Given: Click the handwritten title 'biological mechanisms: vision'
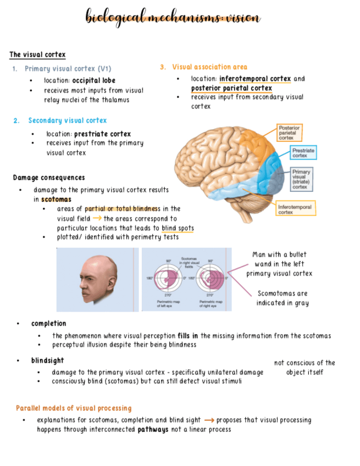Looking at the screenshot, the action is (x=173, y=17).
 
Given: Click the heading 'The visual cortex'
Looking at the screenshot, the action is (x=37, y=54).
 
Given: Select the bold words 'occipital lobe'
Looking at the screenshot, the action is (x=94, y=81).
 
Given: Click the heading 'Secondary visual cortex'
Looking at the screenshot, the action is (x=68, y=120).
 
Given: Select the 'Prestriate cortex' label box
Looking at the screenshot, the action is (x=303, y=152).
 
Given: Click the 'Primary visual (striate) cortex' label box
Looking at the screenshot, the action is (x=302, y=179).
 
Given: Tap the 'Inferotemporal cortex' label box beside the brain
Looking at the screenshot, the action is (x=294, y=209).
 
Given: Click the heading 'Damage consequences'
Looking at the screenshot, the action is (x=49, y=177).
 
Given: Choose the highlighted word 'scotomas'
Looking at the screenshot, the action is (x=56, y=199).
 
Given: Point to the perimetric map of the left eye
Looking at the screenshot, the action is (x=165, y=278).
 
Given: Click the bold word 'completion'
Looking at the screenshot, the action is (x=48, y=323).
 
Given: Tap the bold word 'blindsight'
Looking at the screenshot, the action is (x=47, y=360).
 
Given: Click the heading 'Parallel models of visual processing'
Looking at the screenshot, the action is (x=74, y=408).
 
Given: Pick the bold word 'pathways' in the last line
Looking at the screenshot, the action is (x=153, y=429).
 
